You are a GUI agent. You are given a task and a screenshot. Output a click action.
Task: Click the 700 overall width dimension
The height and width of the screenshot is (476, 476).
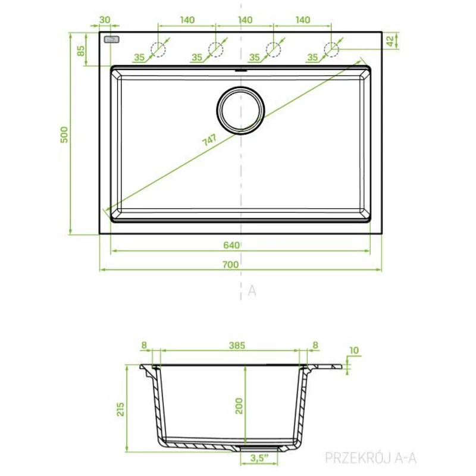(231, 265)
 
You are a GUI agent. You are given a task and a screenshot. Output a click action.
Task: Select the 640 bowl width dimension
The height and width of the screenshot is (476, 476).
(231, 245)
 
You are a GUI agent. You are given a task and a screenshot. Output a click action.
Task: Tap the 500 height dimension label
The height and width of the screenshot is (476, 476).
(64, 135)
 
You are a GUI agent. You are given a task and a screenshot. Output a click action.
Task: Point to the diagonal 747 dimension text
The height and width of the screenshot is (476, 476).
(209, 140)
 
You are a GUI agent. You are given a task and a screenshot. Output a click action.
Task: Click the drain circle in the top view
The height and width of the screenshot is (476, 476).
(241, 111)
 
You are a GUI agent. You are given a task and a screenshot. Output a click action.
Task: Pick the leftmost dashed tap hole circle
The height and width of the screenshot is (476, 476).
(158, 49)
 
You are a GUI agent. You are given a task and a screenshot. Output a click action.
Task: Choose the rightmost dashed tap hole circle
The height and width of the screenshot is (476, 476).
(331, 49)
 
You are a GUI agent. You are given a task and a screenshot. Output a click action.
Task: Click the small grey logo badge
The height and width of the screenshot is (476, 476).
(111, 40)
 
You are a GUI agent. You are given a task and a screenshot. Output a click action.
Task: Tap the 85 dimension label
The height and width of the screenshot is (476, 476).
(81, 51)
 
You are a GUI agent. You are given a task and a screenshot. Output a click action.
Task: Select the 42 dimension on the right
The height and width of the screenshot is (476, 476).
(390, 41)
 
